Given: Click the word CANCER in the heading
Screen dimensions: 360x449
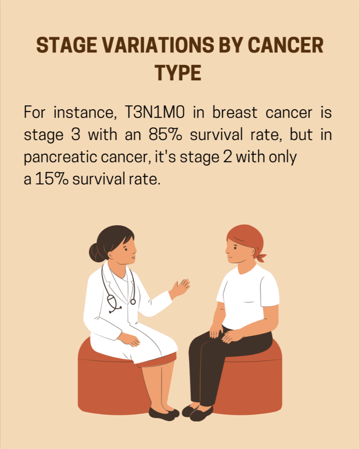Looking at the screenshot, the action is [285, 45].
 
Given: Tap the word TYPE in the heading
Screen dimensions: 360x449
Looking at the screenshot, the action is [178, 72].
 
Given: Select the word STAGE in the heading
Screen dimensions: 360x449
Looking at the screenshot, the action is [66, 45].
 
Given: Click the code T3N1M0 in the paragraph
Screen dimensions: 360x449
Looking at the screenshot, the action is [155, 112].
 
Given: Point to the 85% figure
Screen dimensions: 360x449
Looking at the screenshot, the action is [165, 135].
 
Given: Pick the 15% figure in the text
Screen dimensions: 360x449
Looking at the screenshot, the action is [52, 179].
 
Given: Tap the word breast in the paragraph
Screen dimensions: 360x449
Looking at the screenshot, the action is [235, 112].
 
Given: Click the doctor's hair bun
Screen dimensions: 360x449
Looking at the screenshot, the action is [95, 252].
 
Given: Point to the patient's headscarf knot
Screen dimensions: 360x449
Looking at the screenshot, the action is [261, 257].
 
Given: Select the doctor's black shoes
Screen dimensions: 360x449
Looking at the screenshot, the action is [164, 414].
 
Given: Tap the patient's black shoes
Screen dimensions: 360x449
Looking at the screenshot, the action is [197, 412].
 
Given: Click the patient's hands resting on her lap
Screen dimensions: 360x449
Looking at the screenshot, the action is [226, 334].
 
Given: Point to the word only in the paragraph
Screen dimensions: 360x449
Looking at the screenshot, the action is [283, 157].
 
